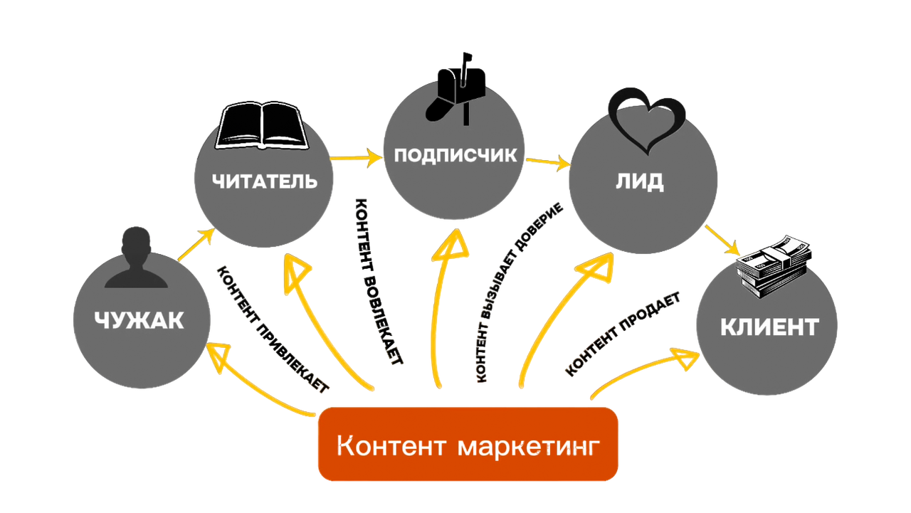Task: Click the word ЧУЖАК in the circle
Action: [x=139, y=320]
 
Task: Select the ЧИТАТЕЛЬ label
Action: [x=265, y=181]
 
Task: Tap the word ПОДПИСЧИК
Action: [x=455, y=155]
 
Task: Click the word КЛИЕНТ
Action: [x=769, y=328]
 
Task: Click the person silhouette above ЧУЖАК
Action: [x=135, y=260]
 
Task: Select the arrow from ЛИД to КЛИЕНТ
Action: [x=725, y=242]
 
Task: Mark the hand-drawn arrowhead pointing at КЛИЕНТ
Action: [x=688, y=354]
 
